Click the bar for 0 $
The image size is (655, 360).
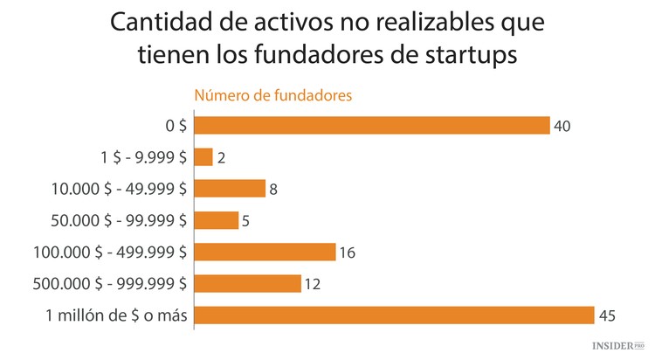[x=371, y=126]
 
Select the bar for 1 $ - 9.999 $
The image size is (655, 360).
[x=203, y=157]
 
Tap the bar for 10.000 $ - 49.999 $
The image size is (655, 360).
[x=229, y=189]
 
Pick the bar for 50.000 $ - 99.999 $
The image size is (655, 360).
[x=216, y=220]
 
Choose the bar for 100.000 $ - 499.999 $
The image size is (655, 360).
[x=265, y=252]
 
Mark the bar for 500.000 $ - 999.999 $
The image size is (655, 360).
[x=247, y=283]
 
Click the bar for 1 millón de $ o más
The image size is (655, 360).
[x=393, y=315]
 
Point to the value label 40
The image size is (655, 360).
[x=562, y=127]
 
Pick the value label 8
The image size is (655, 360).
[x=273, y=190]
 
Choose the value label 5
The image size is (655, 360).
[x=246, y=221]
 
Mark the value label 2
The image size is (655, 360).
[x=221, y=158]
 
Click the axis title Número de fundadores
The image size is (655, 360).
[x=272, y=95]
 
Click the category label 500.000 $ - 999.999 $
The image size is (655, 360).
[x=108, y=283]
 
